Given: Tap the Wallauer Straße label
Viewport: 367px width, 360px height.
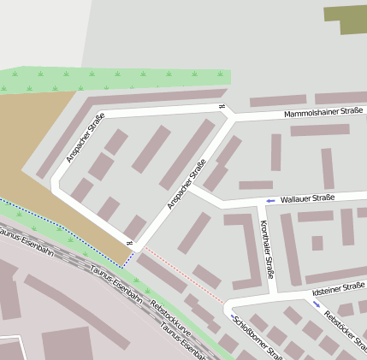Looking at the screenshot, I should (306, 198).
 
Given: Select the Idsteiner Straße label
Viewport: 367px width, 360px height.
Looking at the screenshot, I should (339, 291).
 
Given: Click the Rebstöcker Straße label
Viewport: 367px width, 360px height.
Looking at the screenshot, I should (346, 328).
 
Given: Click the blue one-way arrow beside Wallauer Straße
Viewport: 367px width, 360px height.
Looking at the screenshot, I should (270, 200).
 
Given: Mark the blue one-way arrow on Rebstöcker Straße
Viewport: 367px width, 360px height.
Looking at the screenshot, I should (317, 304).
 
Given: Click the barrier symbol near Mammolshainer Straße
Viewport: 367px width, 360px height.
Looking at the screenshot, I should (222, 107).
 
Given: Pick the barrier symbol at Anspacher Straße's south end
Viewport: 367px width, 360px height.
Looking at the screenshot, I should (130, 245).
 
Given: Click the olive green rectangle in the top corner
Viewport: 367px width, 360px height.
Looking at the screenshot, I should (346, 20).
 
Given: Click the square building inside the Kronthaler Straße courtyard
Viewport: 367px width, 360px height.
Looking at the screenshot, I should (317, 243).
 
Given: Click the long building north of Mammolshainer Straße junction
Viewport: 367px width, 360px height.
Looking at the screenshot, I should (277, 101).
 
